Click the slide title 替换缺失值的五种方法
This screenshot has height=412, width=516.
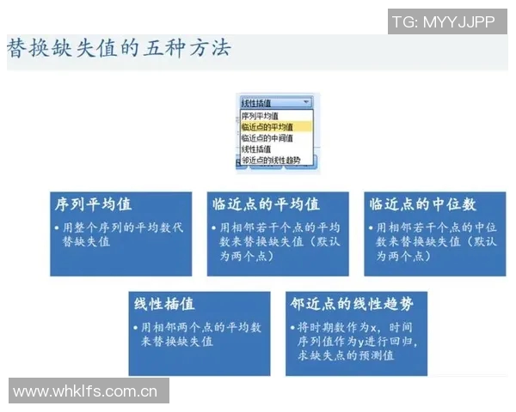(119, 47)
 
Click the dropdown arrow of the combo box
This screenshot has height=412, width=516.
(307, 102)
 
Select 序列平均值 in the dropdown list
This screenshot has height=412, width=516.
(260, 115)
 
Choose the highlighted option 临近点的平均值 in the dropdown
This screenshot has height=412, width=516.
(267, 126)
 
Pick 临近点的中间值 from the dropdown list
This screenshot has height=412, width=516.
(267, 137)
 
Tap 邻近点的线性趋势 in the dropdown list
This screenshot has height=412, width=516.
(271, 160)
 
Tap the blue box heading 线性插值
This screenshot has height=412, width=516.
(164, 304)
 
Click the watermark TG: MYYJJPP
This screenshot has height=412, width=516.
(443, 22)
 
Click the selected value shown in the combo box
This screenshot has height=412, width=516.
(267, 102)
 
